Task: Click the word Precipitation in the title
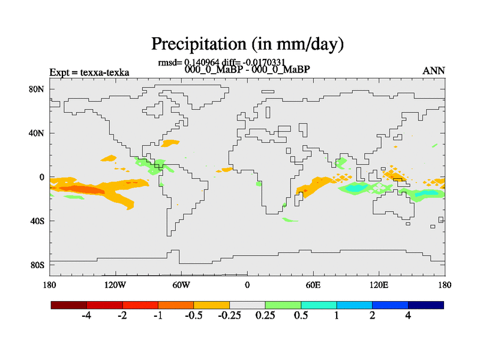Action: (x=194, y=44)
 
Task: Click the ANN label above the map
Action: (x=434, y=71)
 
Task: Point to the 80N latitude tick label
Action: (x=37, y=89)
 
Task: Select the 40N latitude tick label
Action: (x=37, y=133)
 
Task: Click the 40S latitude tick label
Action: (x=37, y=221)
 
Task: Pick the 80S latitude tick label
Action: (x=37, y=265)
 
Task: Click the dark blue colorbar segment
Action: (x=425, y=305)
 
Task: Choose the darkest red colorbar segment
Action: (x=69, y=305)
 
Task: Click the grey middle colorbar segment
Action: (x=247, y=305)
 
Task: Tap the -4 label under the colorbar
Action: (x=86, y=316)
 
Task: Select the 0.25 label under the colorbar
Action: (x=265, y=316)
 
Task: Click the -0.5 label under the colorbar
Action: (x=193, y=316)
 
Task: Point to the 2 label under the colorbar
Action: (x=373, y=316)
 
